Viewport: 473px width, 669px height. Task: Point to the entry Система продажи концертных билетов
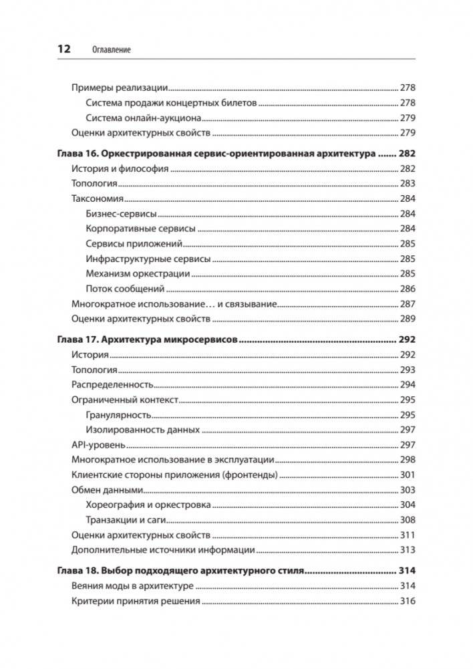(171, 103)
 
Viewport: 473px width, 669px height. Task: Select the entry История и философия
(120, 169)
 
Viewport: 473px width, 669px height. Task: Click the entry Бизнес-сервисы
(122, 214)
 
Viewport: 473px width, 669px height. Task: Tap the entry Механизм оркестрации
(138, 273)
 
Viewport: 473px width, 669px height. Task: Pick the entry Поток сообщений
(125, 289)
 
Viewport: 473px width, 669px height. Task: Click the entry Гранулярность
(118, 415)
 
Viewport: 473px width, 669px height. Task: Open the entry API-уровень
(98, 445)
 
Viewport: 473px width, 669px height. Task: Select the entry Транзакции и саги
(126, 520)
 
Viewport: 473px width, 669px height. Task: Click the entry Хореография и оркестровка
(148, 505)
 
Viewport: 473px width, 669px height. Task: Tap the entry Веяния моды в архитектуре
(132, 586)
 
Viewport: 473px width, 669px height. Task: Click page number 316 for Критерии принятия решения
(408, 601)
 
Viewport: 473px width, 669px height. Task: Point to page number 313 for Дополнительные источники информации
(408, 550)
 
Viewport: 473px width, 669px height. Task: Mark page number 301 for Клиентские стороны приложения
(408, 475)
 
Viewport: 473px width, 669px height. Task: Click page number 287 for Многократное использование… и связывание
(408, 303)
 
